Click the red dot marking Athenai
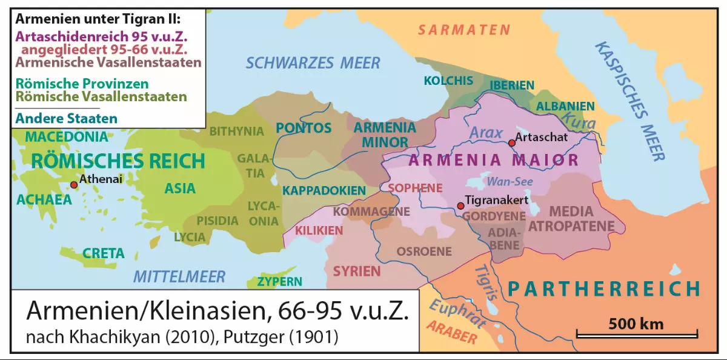(74, 185)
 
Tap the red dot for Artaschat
(512, 142)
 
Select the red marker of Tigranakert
(460, 206)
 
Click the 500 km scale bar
(636, 332)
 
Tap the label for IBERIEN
(512, 85)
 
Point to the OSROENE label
(425, 251)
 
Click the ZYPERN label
(279, 282)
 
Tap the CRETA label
(104, 253)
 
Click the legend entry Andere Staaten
(67, 118)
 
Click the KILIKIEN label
(319, 231)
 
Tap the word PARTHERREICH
(604, 288)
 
